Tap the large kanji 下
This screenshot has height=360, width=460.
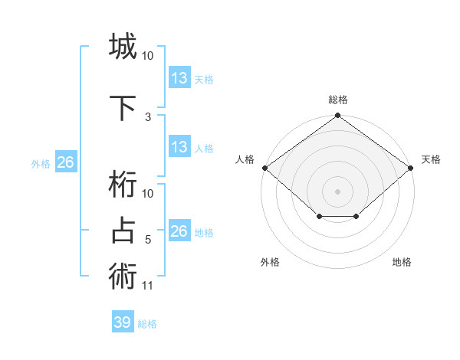[123, 106]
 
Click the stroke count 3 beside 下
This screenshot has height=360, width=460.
[148, 117]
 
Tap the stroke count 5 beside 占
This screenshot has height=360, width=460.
[148, 240]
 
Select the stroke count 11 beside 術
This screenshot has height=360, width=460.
[148, 286]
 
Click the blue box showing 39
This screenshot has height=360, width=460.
[123, 322]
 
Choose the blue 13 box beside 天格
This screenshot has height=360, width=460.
[179, 78]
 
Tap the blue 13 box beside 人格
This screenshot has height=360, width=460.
[179, 147]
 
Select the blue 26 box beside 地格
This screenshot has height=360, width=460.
[179, 231]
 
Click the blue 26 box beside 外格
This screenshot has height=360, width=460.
[66, 162]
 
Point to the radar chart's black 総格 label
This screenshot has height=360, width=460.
[338, 100]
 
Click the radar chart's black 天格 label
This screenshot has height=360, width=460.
[431, 159]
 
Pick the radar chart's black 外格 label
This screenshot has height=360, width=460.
[270, 262]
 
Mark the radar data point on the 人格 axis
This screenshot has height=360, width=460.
[264, 168]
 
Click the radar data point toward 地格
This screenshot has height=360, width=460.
[356, 217]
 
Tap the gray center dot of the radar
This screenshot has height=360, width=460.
[338, 191]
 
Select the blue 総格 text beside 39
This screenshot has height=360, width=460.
[147, 324]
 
